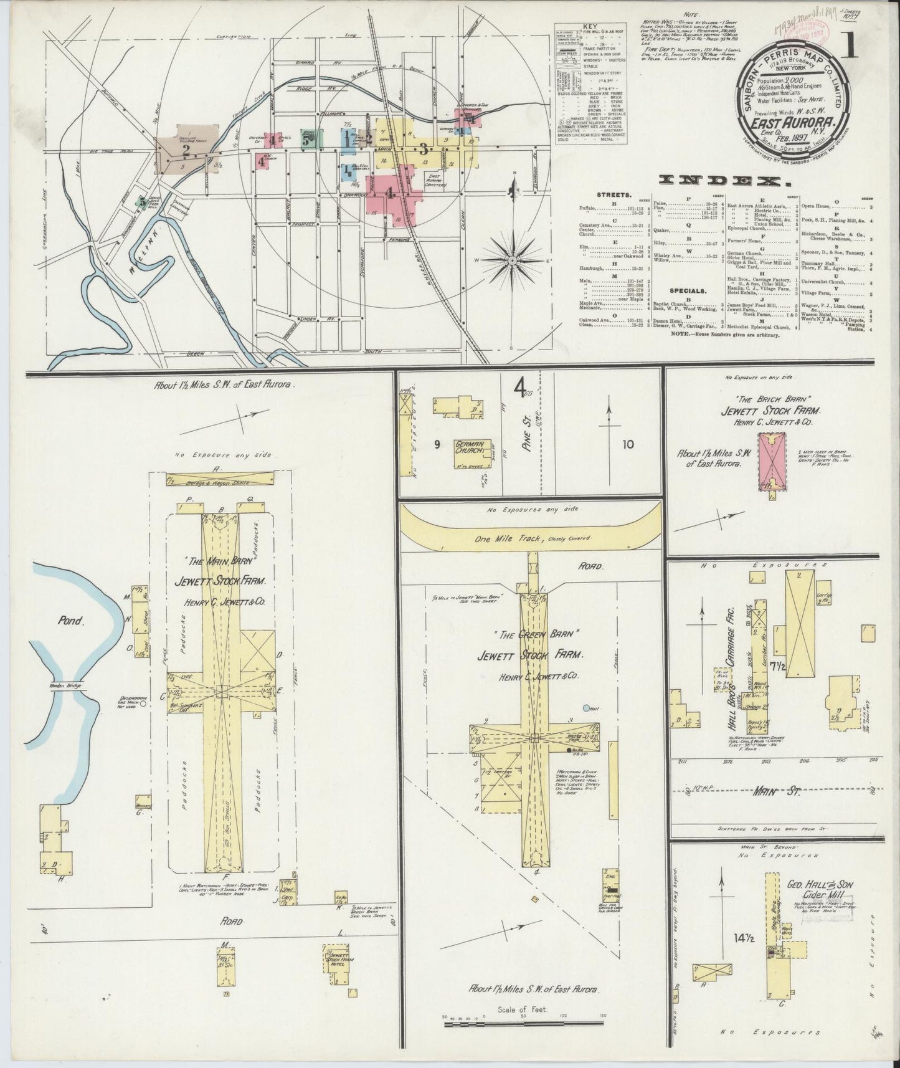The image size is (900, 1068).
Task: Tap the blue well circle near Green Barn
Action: click(586, 708)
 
